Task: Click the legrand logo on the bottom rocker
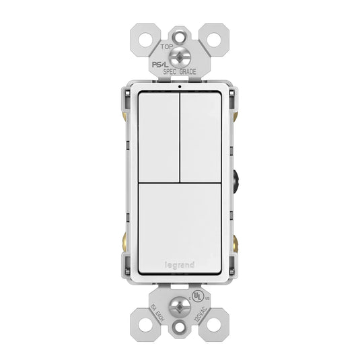tap(179, 266)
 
